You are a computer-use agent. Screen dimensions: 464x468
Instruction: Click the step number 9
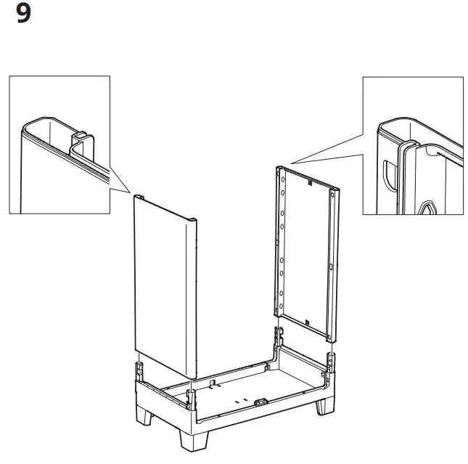(23, 15)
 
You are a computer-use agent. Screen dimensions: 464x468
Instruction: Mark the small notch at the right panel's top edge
(310, 182)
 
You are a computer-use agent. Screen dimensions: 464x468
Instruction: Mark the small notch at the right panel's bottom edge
(307, 322)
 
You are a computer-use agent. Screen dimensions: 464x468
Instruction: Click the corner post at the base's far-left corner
(277, 335)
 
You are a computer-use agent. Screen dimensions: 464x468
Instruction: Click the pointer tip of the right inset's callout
(291, 163)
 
